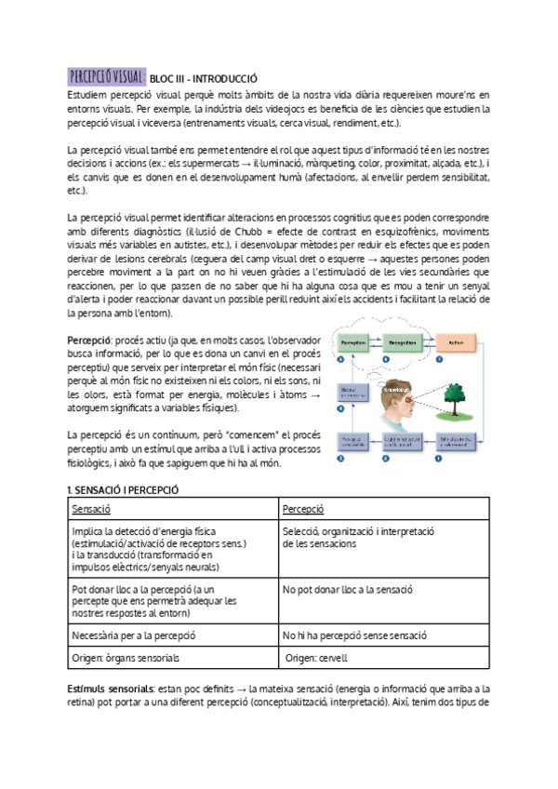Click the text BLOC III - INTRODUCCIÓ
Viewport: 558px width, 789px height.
point(203,79)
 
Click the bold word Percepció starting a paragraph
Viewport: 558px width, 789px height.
point(88,341)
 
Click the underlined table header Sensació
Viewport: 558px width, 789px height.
point(91,510)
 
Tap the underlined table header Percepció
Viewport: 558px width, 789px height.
point(303,510)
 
